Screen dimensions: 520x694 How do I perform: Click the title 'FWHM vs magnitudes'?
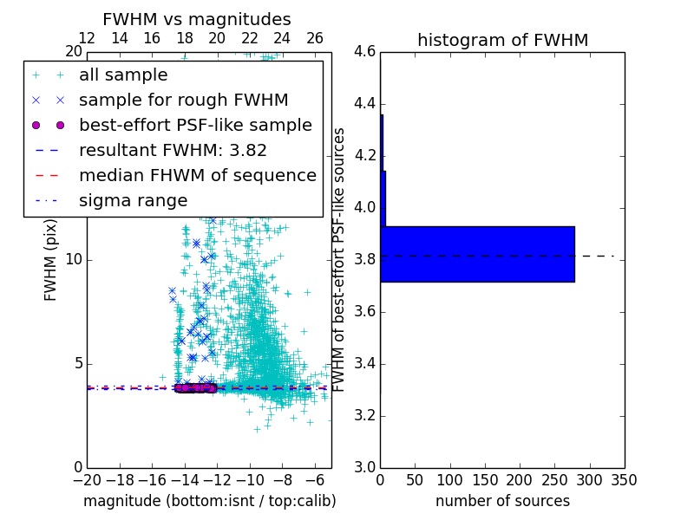point(197,19)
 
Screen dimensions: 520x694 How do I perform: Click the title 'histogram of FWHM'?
point(502,40)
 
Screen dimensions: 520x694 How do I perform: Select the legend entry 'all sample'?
point(123,75)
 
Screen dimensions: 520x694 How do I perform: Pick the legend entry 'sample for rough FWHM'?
point(183,100)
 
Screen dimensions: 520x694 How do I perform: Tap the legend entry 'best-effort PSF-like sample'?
point(195,125)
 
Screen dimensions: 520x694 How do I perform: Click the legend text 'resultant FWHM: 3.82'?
point(173,150)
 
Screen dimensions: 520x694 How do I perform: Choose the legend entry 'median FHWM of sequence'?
point(197,175)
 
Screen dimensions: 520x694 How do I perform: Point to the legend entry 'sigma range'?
point(133,200)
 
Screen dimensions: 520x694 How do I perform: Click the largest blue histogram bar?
point(477,254)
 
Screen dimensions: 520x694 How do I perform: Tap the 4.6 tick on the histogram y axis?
point(364,52)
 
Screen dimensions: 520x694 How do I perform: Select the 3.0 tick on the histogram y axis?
point(364,467)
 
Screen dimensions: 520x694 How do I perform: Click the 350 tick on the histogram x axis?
point(624,479)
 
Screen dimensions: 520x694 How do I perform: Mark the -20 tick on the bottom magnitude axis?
point(88,479)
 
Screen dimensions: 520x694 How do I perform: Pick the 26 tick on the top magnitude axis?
point(315,38)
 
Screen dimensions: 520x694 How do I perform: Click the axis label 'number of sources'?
point(502,501)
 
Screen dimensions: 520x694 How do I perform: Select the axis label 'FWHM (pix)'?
point(51,260)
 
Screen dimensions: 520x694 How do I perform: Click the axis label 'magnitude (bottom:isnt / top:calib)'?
point(209,501)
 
